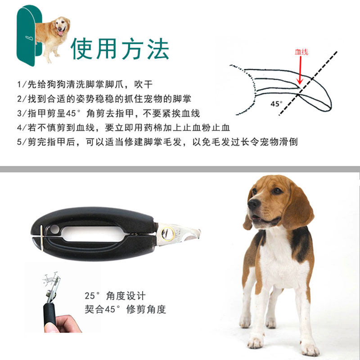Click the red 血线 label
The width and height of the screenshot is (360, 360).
(301, 52)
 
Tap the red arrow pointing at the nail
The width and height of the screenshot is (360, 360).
(300, 70)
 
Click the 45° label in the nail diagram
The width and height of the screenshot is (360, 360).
(276, 104)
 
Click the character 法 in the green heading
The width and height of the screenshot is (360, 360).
(158, 49)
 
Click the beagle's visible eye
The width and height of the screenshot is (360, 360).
(277, 190)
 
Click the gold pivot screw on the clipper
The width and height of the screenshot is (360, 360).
(167, 234)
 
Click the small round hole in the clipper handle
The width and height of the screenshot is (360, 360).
(54, 229)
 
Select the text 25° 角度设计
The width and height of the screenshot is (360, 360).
(115, 296)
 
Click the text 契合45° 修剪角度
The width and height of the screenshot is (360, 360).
(125, 309)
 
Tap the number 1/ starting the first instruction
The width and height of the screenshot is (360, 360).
(22, 85)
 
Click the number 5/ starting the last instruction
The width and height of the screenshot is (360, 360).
(22, 142)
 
